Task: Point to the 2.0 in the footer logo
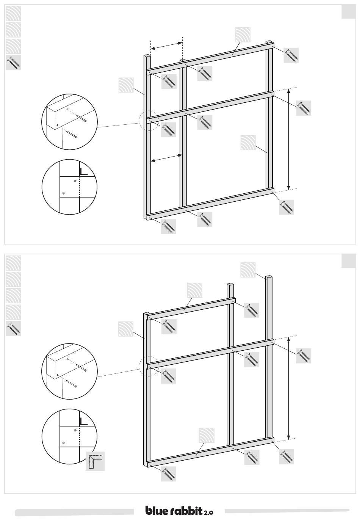208,511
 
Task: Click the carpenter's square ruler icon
95,461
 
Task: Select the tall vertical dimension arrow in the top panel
288,139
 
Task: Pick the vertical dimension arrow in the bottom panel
288,389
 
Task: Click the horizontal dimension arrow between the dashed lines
166,45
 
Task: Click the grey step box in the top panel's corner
349,12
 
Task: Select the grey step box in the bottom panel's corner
349,261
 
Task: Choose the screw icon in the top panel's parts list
13,63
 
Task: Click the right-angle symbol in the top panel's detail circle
83,172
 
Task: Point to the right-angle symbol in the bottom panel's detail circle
83,422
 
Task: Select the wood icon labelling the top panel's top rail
243,35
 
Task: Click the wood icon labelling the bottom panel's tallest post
248,270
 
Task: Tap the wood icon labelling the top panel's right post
248,143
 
